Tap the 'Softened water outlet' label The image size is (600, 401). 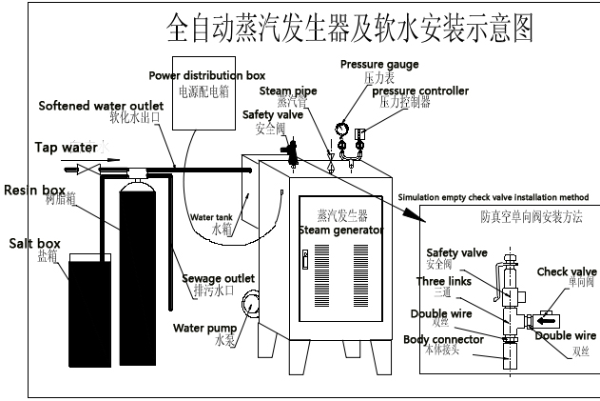tap(95, 105)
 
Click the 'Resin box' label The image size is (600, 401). tap(34, 190)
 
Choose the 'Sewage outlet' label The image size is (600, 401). tap(218, 277)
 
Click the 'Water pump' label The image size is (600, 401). tap(203, 329)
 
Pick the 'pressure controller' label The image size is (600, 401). tap(427, 90)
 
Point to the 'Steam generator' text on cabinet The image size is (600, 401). tap(341, 230)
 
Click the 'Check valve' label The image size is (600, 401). tap(567, 271)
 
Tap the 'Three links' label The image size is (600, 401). tap(444, 281)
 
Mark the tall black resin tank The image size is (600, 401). tap(140, 248)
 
